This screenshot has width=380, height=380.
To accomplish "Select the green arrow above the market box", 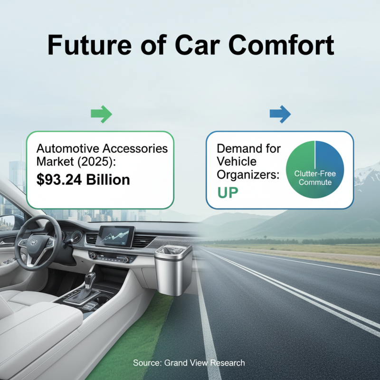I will click(101, 114).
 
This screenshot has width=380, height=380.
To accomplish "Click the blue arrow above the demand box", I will click(280, 114).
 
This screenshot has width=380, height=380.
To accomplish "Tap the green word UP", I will click(228, 192).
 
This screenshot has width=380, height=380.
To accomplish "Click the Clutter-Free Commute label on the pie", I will click(315, 178).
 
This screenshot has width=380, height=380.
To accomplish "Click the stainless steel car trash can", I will click(173, 268).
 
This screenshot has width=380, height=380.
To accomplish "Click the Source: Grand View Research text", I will click(189, 363).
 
